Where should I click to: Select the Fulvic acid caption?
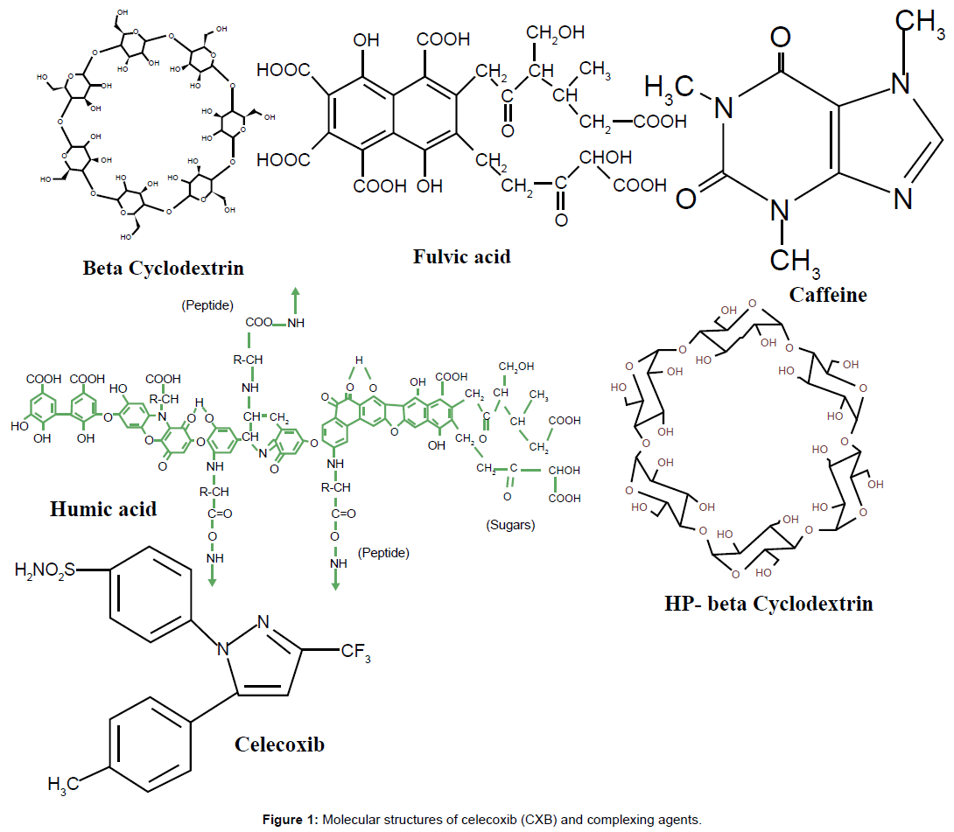click(x=461, y=256)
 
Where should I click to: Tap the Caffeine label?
click(x=827, y=295)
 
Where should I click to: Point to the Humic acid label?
click(x=104, y=507)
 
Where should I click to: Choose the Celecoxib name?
click(x=279, y=744)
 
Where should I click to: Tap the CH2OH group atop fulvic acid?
click(x=557, y=34)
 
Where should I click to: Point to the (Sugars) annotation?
click(x=509, y=525)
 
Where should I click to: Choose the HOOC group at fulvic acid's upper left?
click(x=282, y=69)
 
